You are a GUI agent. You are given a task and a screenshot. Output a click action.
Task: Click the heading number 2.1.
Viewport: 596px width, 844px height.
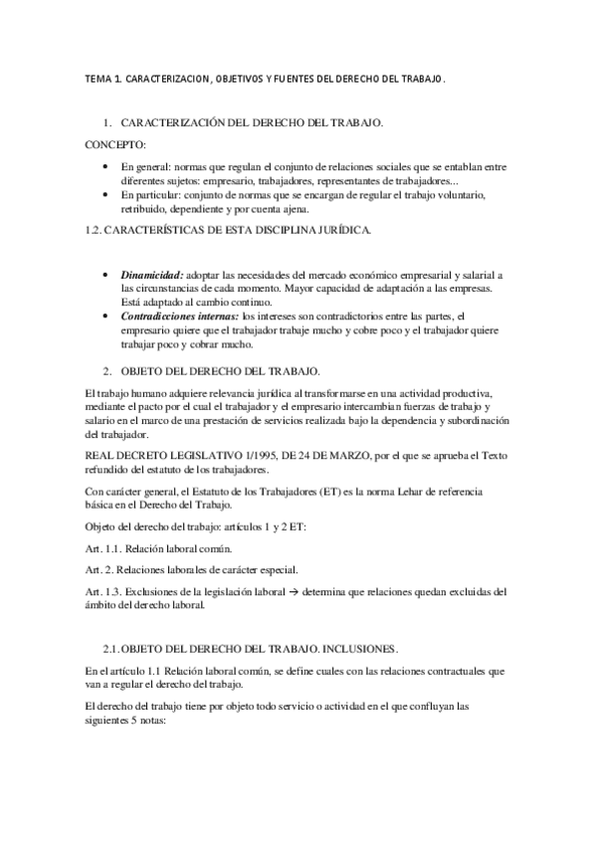pyautogui.click(x=111, y=620)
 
